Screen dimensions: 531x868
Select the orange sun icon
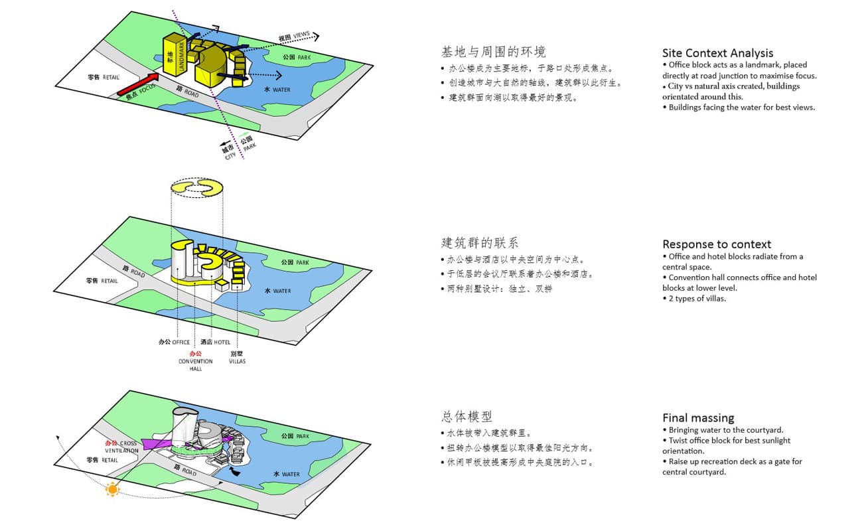(x=112, y=490)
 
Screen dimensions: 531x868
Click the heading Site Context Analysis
(x=717, y=53)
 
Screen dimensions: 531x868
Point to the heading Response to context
(x=717, y=244)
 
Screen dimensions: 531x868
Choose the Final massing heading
(x=698, y=418)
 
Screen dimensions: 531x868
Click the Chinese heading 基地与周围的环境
(x=494, y=52)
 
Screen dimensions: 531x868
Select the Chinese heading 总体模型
(x=467, y=416)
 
